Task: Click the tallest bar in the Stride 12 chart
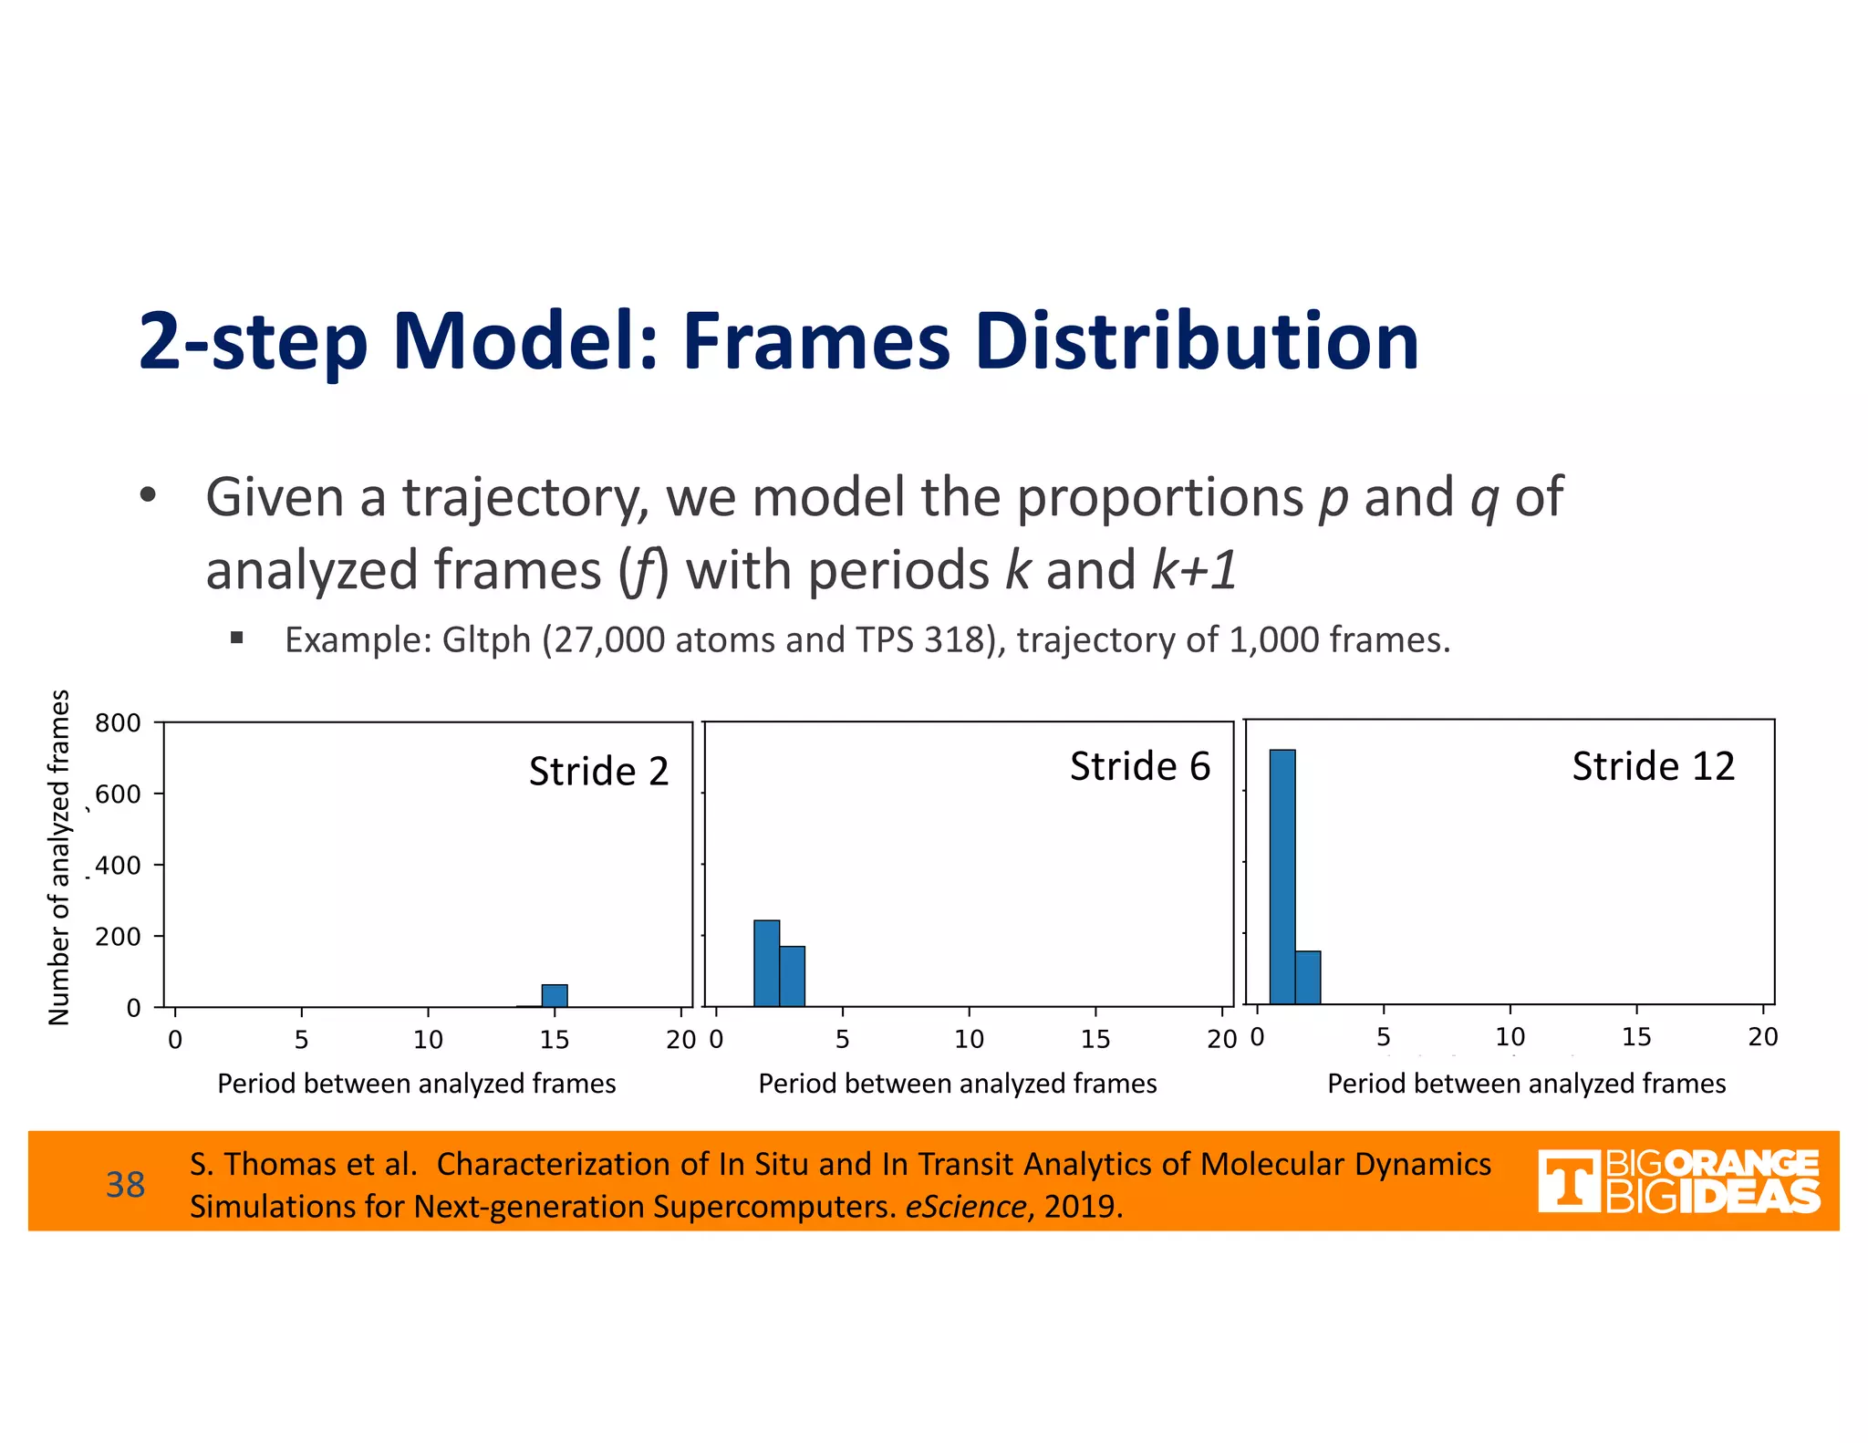coord(1282,876)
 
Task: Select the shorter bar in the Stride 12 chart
coord(1307,977)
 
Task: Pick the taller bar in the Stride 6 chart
coord(766,963)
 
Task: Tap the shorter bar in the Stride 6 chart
coord(792,976)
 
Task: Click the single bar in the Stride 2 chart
coord(555,995)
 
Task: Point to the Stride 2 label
coord(598,772)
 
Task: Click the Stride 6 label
coord(1139,766)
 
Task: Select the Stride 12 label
coord(1652,766)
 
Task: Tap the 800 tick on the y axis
coord(118,723)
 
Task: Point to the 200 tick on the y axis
coord(118,937)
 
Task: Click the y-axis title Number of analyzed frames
coord(59,857)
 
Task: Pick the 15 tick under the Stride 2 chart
coord(555,1040)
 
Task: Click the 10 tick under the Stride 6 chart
coord(969,1039)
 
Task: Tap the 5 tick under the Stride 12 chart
coord(1384,1037)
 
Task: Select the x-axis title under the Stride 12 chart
coord(1526,1084)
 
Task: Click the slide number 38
coord(125,1185)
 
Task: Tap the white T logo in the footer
coord(1568,1182)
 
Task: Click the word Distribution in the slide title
coord(1197,342)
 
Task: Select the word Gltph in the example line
coord(486,640)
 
